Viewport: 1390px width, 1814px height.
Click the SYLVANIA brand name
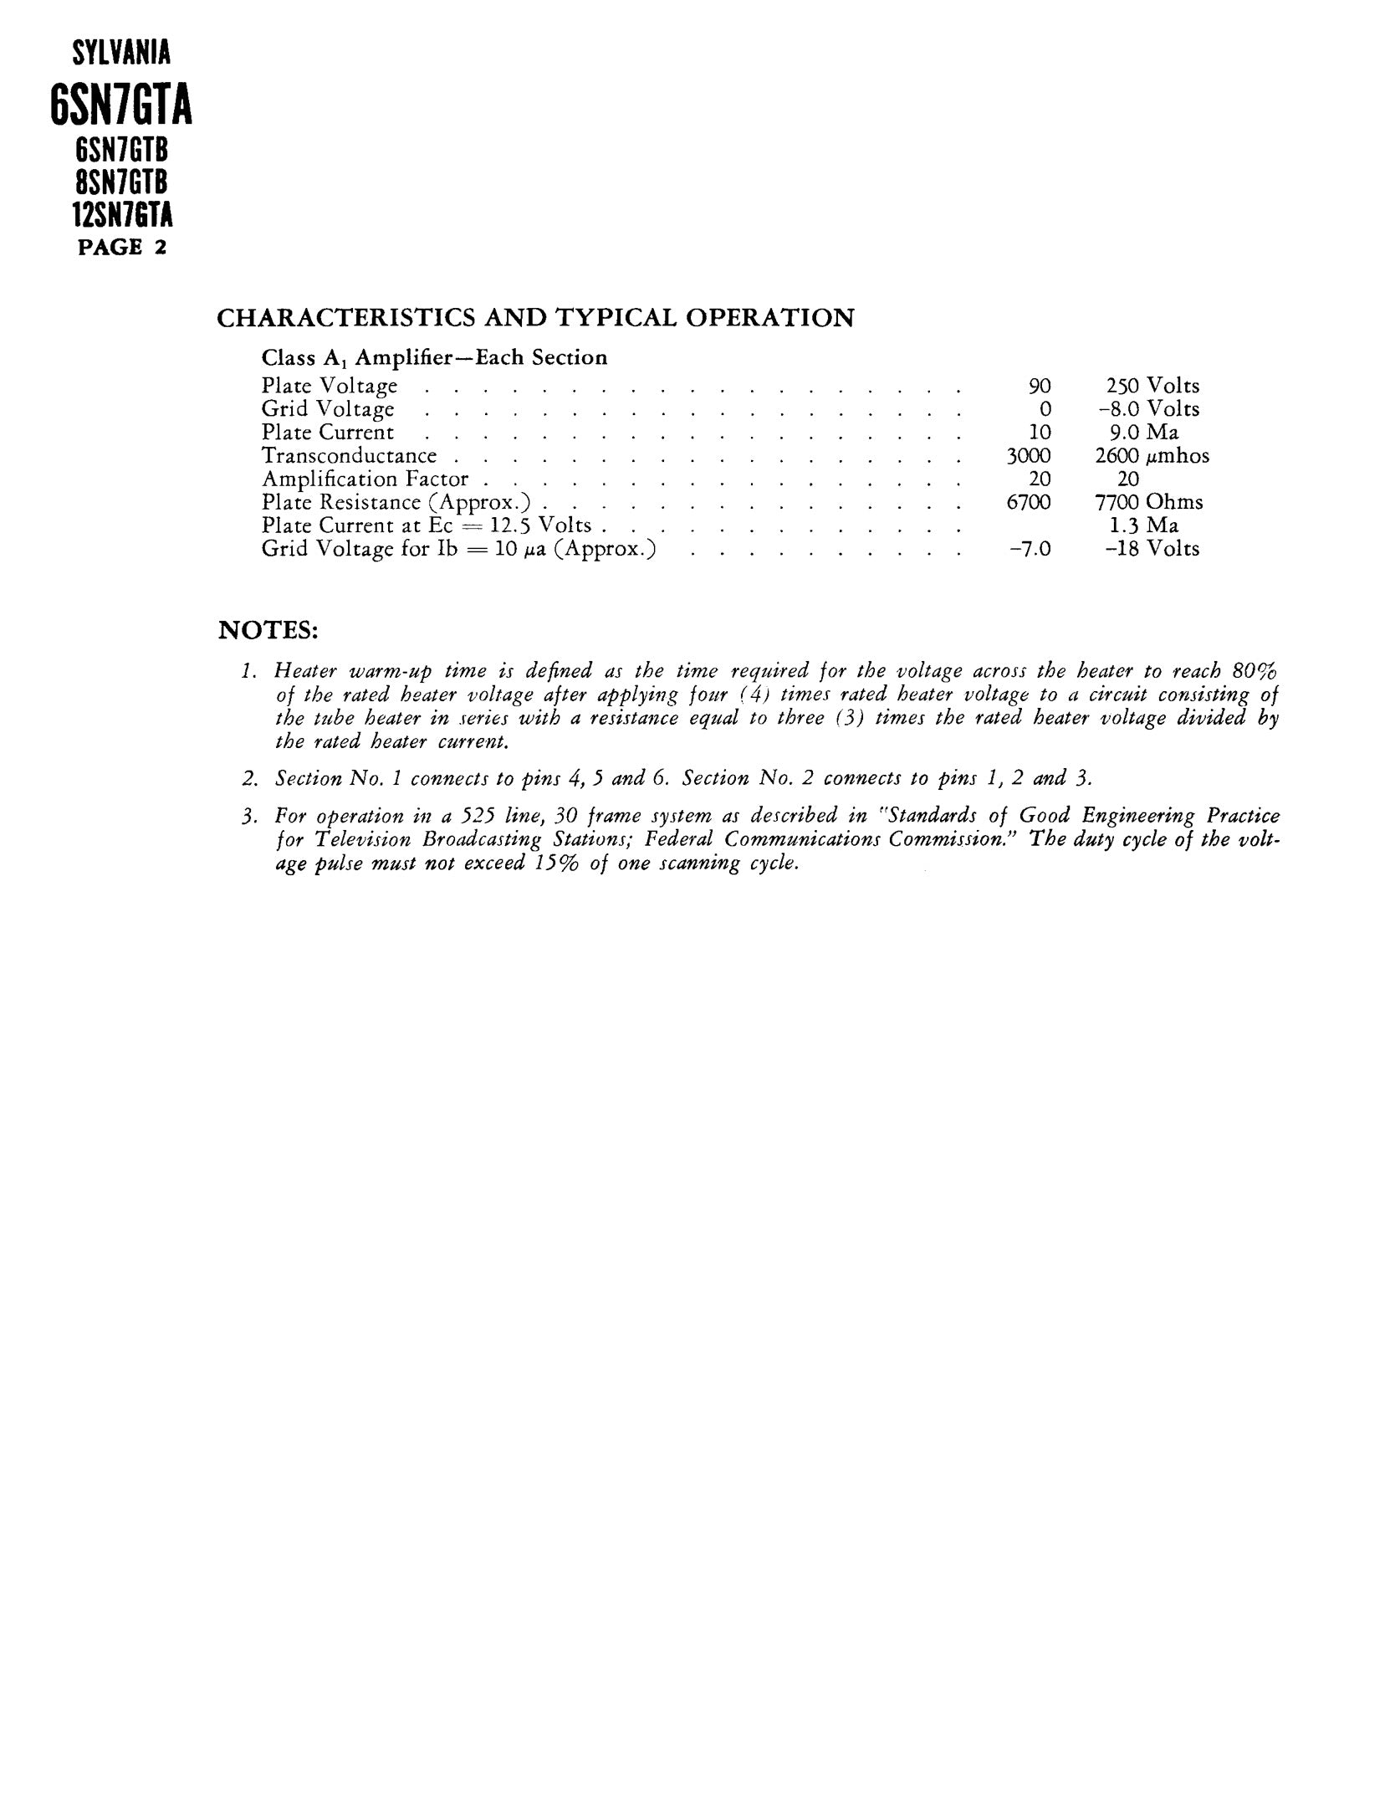point(121,54)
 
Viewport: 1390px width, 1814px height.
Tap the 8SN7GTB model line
point(122,183)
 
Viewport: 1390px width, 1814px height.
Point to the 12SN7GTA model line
point(122,216)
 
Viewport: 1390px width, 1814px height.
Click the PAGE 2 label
point(122,248)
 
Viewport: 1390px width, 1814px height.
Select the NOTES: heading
point(268,630)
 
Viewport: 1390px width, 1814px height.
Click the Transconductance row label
point(349,456)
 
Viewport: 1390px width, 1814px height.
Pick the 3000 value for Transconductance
point(1028,456)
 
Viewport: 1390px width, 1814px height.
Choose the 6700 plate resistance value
point(1029,502)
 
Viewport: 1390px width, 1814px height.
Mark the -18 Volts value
point(1152,549)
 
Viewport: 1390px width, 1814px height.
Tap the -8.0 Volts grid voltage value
point(1148,409)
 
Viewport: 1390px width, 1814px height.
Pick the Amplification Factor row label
point(365,479)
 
